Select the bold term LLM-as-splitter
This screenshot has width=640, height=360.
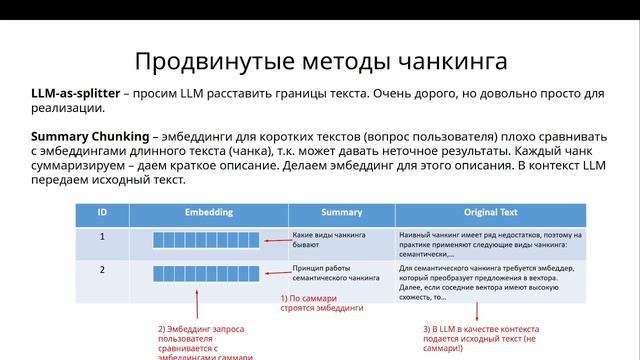73,93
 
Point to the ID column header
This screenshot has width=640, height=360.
102,213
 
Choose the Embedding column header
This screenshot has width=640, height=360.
209,213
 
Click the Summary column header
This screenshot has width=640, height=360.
342,213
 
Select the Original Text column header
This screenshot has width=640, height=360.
490,213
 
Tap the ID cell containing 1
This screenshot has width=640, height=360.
102,238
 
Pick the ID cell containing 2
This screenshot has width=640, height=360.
102,270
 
